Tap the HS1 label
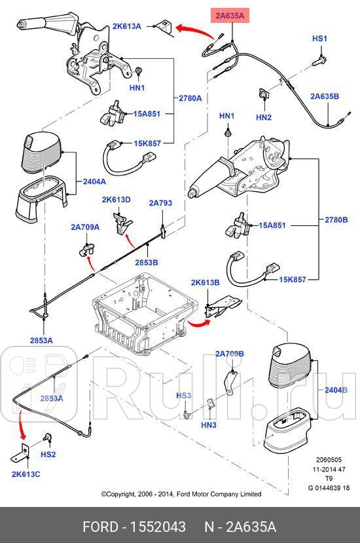(x=319, y=39)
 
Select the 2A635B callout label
(x=325, y=96)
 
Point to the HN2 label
(x=263, y=117)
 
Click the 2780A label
(x=190, y=98)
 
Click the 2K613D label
(x=116, y=199)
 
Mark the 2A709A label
(x=85, y=227)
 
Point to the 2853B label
(x=147, y=263)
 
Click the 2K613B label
(x=205, y=283)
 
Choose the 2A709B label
(x=229, y=354)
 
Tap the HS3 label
(x=183, y=396)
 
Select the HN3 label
(x=208, y=425)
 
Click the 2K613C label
(x=24, y=474)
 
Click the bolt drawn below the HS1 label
(x=319, y=60)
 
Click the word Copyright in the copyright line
(x=126, y=494)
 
